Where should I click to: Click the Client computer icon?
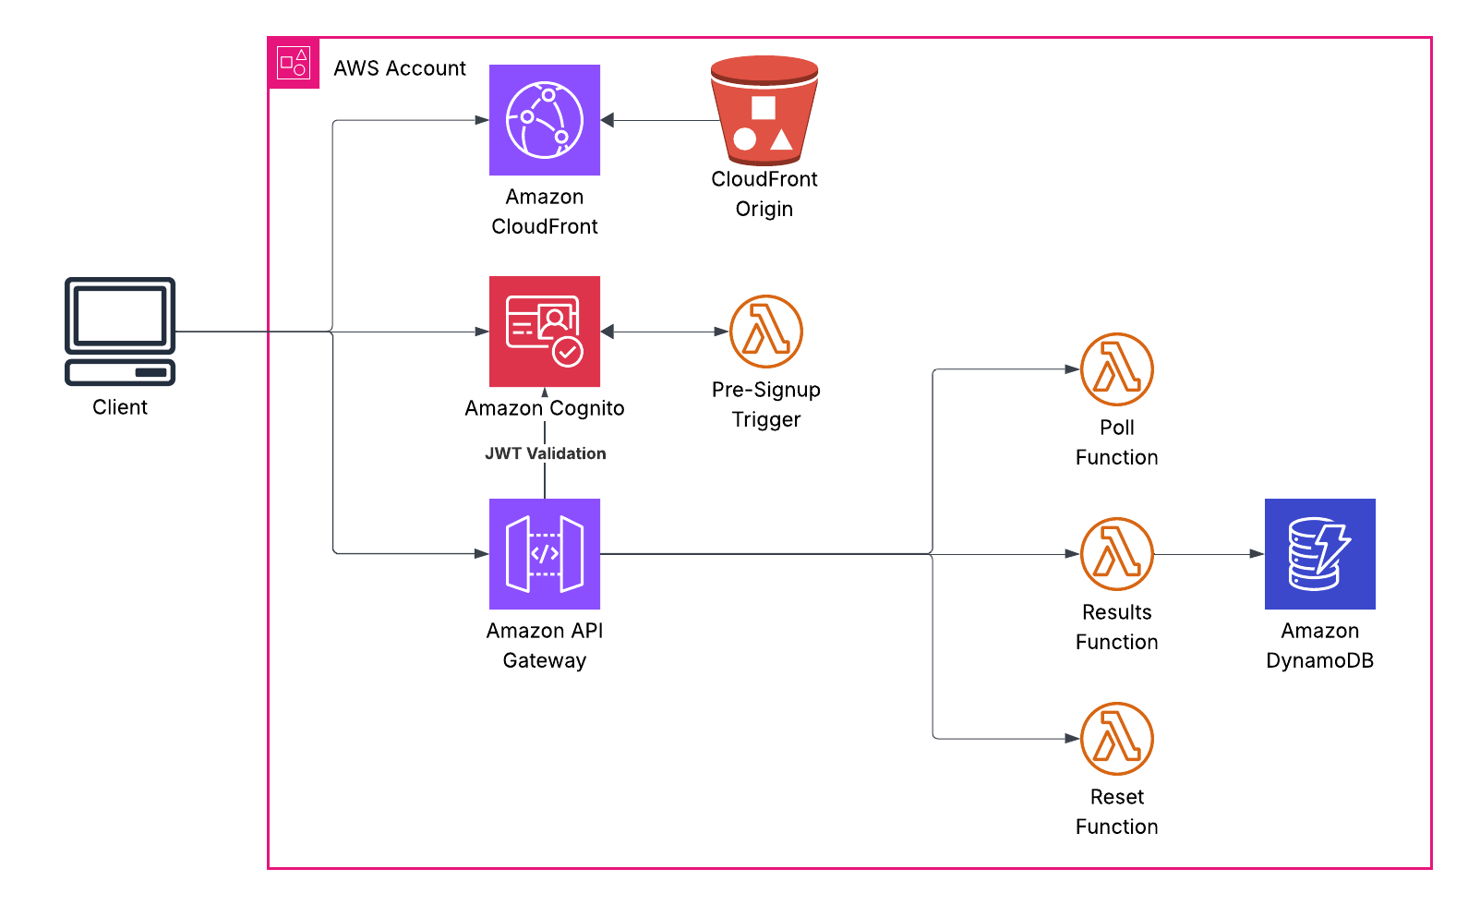(120, 331)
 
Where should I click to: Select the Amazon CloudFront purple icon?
(545, 120)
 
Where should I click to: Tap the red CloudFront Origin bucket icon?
(764, 111)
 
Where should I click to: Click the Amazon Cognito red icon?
(545, 332)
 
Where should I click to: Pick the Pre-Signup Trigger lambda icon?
(766, 332)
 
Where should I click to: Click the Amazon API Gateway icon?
(545, 554)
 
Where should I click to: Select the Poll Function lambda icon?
(1117, 369)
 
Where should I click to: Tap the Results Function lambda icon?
(1117, 554)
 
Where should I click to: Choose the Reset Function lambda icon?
(1117, 739)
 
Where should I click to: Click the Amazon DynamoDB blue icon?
(1320, 554)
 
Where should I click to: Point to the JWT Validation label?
(546, 453)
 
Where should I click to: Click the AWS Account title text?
(400, 68)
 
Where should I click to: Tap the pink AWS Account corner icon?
(294, 64)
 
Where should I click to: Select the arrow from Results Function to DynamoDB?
(1209, 554)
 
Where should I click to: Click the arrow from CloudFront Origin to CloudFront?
(660, 120)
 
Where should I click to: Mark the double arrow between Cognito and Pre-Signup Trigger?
(665, 332)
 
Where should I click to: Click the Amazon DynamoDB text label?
(1320, 646)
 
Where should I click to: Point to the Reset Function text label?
(1117, 812)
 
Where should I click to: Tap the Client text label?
(120, 407)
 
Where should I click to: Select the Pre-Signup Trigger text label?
(766, 404)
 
